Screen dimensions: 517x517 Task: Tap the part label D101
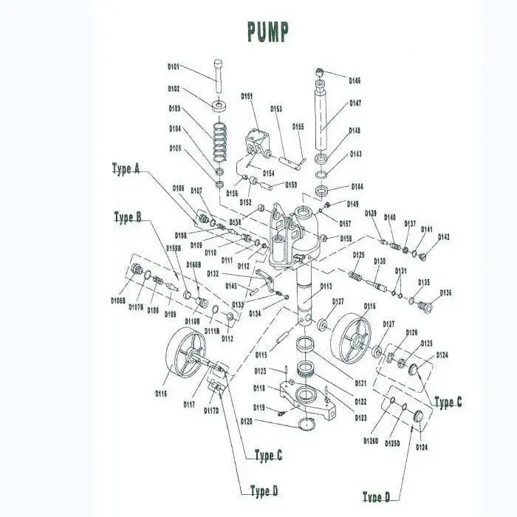(x=174, y=66)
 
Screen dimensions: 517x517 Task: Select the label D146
(x=355, y=81)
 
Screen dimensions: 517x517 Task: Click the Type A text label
(x=126, y=168)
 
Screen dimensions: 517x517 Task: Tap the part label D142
(x=443, y=237)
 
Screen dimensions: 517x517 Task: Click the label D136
(x=445, y=293)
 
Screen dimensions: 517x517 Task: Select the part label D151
(x=247, y=96)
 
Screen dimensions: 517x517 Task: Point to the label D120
(x=247, y=421)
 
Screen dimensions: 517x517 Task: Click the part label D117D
(x=211, y=411)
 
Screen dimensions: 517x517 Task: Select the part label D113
(x=326, y=286)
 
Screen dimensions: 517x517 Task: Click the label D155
(x=298, y=126)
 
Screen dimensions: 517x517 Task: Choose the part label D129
(x=359, y=255)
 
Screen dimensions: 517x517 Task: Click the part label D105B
(x=118, y=301)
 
